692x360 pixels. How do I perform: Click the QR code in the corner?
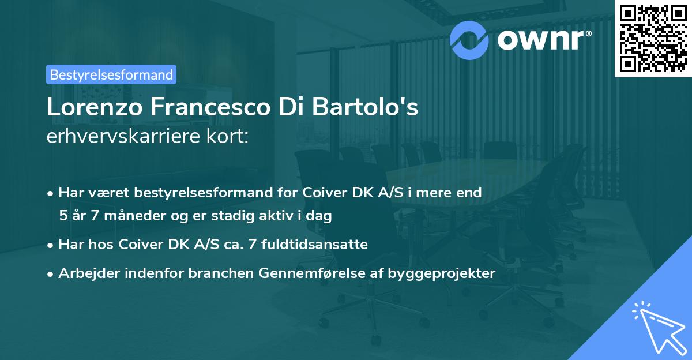coord(653,38)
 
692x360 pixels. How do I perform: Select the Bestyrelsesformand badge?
coord(111,74)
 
